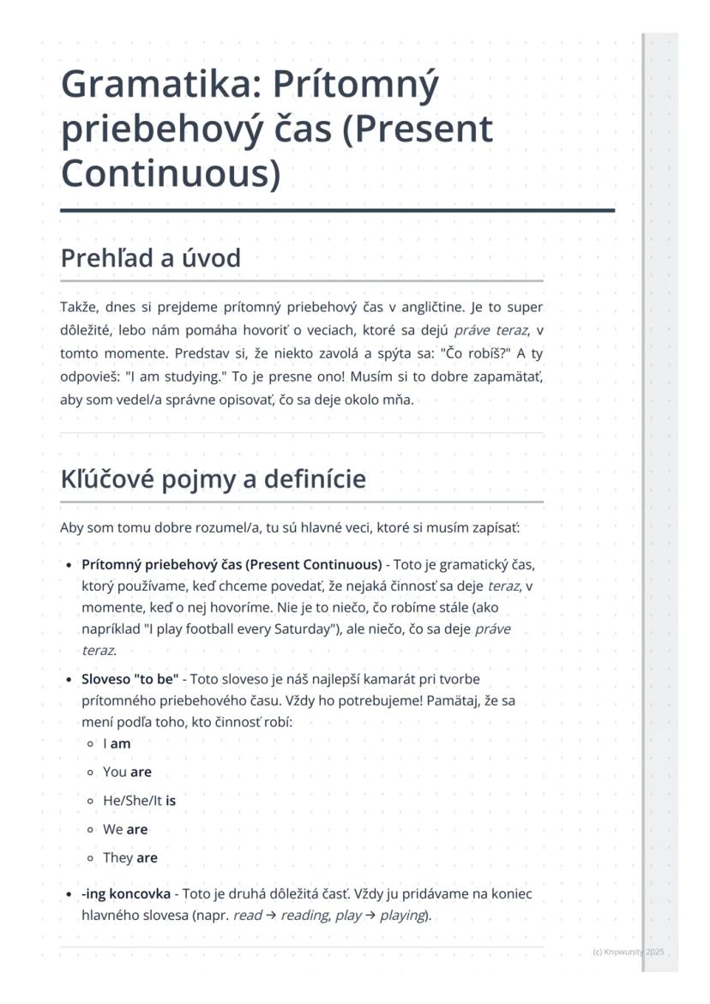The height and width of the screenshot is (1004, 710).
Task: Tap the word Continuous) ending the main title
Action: coord(171,172)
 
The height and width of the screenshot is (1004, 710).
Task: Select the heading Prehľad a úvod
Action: coord(150,257)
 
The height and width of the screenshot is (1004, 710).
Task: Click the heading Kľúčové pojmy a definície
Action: coord(213,478)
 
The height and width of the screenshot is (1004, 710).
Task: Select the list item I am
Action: coord(117,744)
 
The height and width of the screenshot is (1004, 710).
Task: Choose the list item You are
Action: coord(127,773)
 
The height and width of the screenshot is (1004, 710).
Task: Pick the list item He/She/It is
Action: coord(139,801)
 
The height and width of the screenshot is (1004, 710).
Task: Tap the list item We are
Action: coord(125,829)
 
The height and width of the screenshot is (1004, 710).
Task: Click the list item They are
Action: coord(130,857)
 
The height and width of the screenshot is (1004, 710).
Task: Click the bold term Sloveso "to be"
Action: coord(129,679)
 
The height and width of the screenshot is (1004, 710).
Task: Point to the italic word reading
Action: coord(304,915)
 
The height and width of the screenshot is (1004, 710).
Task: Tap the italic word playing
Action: coord(402,915)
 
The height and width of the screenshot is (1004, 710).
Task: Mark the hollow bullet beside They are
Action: coord(90,857)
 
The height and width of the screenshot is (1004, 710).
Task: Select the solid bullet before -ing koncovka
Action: coord(68,894)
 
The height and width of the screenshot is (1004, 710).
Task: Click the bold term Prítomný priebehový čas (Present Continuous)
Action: coord(232,564)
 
